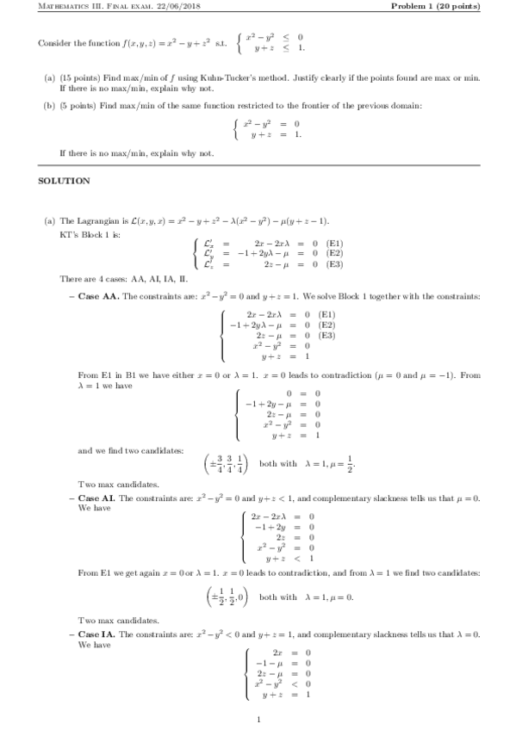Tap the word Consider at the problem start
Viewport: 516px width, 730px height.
pyautogui.click(x=54, y=44)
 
